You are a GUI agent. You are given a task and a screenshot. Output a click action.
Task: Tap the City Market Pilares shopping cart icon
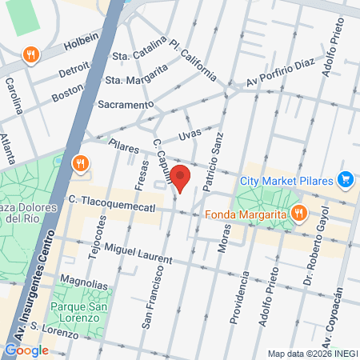346,178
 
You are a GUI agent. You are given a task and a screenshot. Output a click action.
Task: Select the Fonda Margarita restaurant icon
298,213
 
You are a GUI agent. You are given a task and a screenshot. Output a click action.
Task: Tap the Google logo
26,350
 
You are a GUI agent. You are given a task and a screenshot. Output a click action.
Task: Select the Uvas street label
190,136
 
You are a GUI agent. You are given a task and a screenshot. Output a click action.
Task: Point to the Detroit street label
75,71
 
